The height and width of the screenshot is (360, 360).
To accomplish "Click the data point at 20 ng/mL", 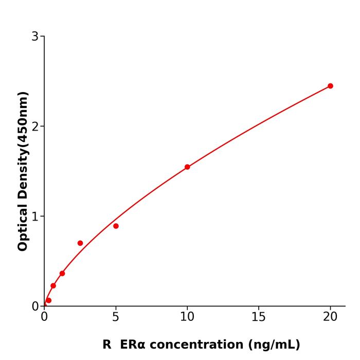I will pos(330,86).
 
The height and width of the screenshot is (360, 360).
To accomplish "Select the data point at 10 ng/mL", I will pos(187,167).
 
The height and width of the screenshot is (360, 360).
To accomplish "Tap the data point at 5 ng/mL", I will pos(116,226).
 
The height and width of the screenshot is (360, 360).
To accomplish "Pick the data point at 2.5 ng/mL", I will pos(80,243).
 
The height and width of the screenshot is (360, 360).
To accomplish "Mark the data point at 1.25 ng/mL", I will pos(62,273).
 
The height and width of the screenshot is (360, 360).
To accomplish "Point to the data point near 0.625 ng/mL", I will pos(53,286).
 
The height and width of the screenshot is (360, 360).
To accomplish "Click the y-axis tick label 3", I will pos(35,37).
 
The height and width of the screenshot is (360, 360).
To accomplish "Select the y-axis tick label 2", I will pos(35,127).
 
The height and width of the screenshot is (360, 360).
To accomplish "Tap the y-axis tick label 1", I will pos(35,217).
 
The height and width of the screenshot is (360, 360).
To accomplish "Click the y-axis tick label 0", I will pos(35,307).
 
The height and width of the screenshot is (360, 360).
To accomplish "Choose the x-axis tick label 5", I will pos(116,317).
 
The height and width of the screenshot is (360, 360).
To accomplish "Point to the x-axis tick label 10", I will pos(187,317).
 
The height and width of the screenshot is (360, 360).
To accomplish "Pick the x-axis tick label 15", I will pos(259,317).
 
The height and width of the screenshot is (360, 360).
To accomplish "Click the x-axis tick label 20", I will pos(330,317).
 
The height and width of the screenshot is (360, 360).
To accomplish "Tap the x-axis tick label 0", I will pos(44,317).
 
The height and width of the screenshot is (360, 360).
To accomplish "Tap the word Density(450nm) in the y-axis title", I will pos(23,146).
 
